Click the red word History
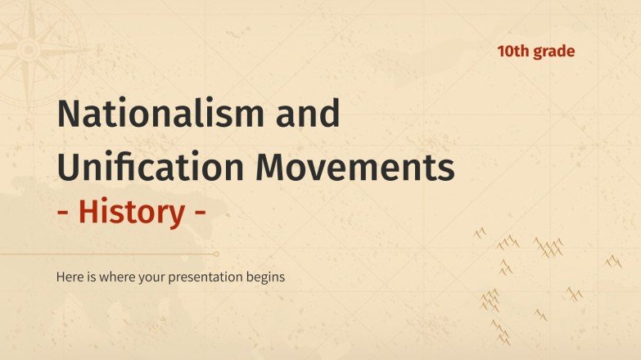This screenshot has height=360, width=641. pos(131,212)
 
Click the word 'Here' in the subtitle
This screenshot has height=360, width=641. pos(70,277)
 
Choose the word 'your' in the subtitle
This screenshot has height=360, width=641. pos(151,277)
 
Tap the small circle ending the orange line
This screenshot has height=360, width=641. pos(215,254)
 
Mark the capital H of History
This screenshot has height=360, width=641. pos(89,212)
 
